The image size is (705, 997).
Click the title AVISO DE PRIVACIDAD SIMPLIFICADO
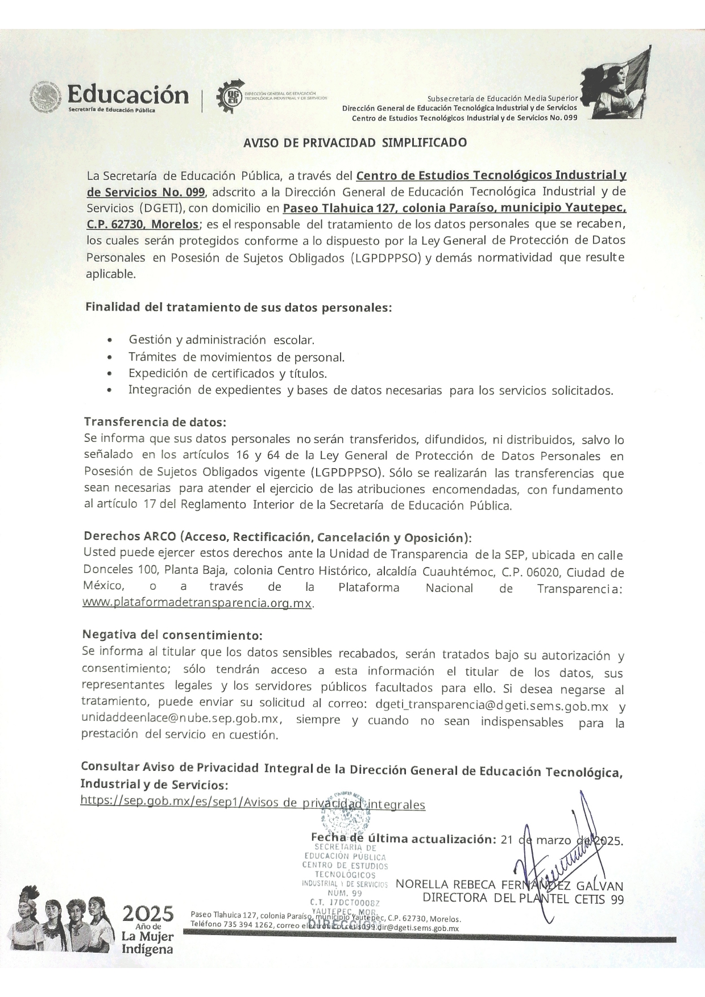(x=355, y=143)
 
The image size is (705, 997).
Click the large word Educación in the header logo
(x=128, y=94)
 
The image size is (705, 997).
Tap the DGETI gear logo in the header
(x=230, y=98)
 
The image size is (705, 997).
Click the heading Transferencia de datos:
(x=155, y=422)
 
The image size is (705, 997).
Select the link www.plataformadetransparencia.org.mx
(x=197, y=603)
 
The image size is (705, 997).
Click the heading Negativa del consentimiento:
(x=172, y=634)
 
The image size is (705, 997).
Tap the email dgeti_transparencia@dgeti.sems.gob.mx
(x=492, y=706)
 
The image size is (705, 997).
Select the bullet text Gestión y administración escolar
(x=221, y=340)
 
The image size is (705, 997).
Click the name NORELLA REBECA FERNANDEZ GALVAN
(x=509, y=885)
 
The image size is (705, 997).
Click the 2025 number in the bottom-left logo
(x=148, y=914)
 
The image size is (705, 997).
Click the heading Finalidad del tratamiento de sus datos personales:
(x=238, y=307)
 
